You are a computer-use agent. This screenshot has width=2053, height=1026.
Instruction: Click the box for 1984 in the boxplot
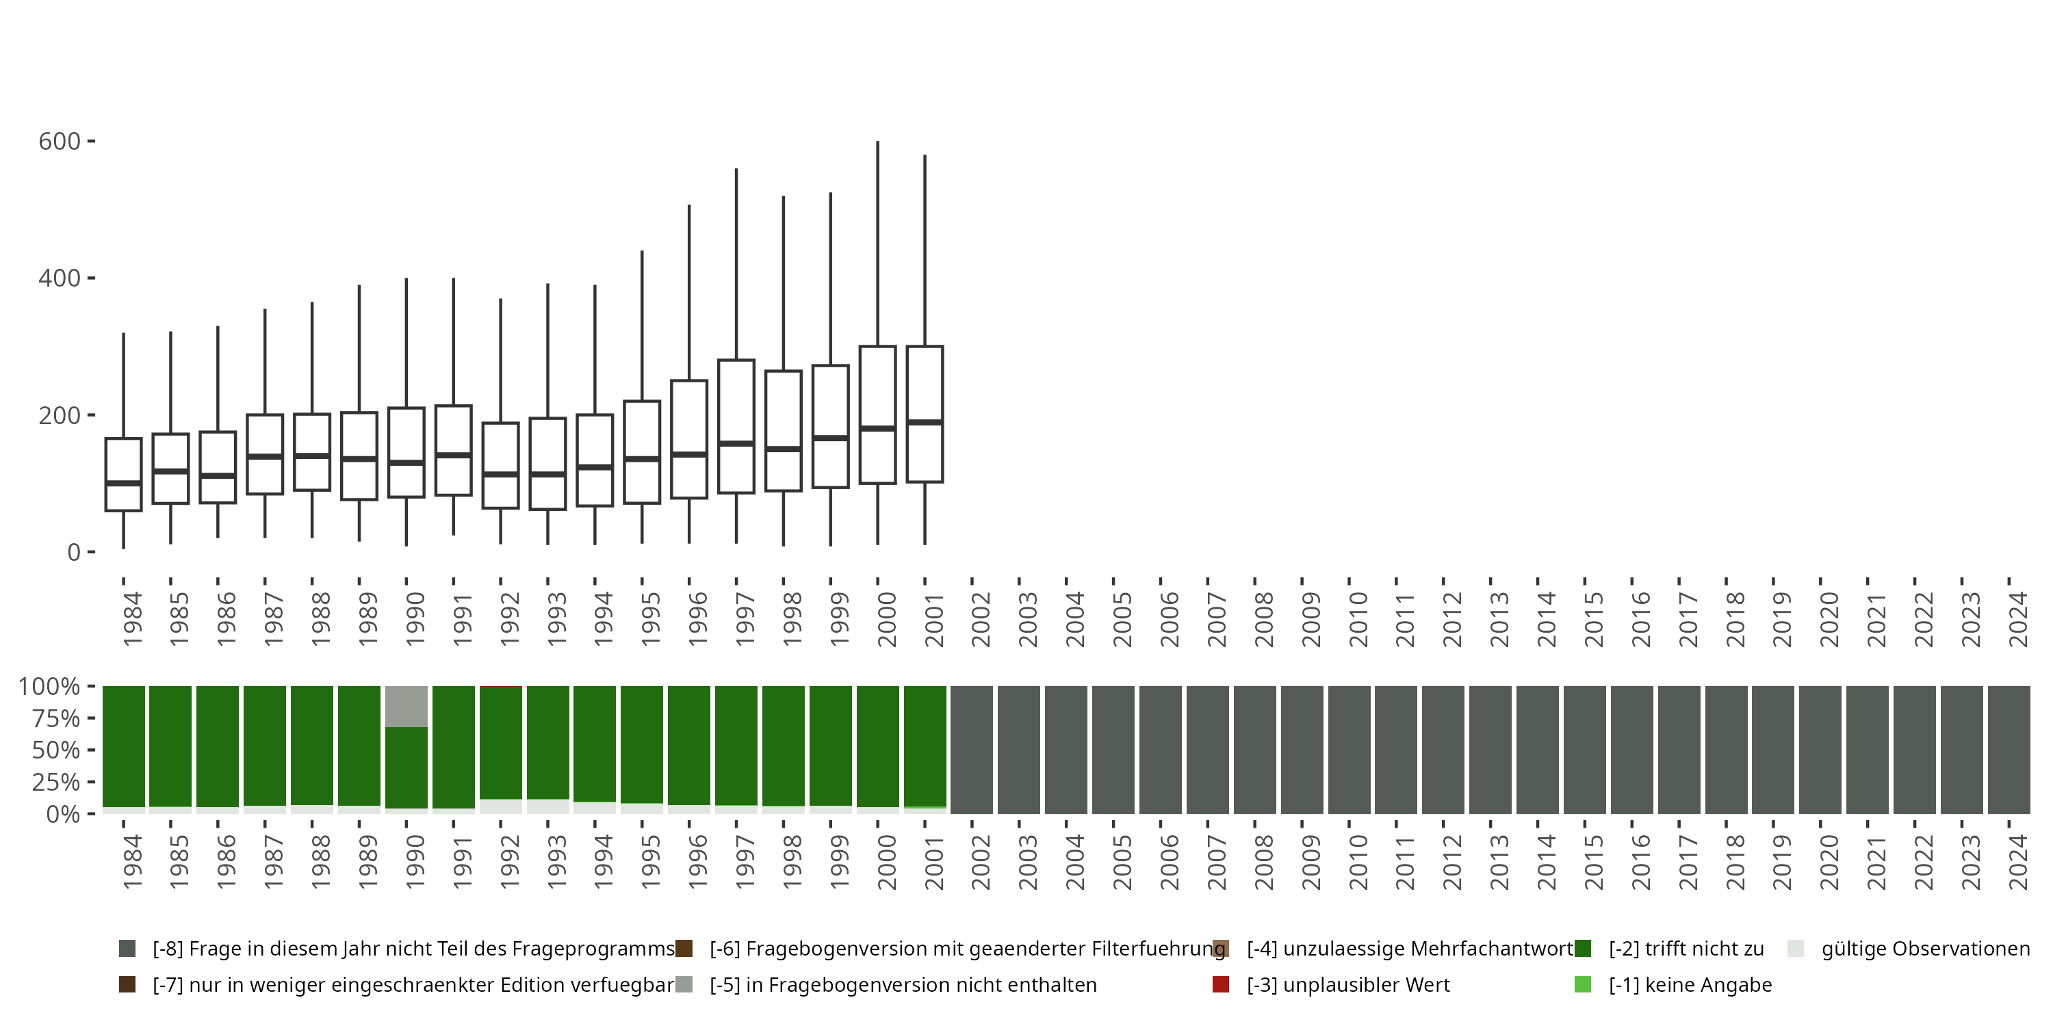coord(124,474)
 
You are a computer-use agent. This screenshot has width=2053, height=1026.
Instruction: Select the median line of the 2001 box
coord(925,422)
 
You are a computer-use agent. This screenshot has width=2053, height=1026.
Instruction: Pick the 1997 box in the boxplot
coord(736,426)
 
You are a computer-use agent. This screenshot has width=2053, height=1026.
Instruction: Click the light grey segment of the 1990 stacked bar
coord(406,707)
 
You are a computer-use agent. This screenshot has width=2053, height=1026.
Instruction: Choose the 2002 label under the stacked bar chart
coord(979,862)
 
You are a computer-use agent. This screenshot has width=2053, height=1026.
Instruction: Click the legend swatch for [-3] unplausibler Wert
coord(1220,984)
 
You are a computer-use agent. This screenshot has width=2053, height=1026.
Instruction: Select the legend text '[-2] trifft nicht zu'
coord(1686,949)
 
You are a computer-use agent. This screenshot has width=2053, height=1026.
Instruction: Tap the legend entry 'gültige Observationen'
coord(1924,949)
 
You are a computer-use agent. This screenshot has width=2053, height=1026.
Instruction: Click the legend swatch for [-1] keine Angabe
coord(1583,984)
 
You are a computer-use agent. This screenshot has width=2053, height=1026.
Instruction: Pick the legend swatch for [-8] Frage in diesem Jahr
coord(127,949)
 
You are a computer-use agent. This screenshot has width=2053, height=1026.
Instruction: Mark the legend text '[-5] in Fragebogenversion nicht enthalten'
coord(903,984)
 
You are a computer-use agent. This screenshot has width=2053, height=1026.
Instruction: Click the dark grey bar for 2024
coord(2009,750)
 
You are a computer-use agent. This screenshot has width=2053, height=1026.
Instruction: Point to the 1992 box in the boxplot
coord(500,465)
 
